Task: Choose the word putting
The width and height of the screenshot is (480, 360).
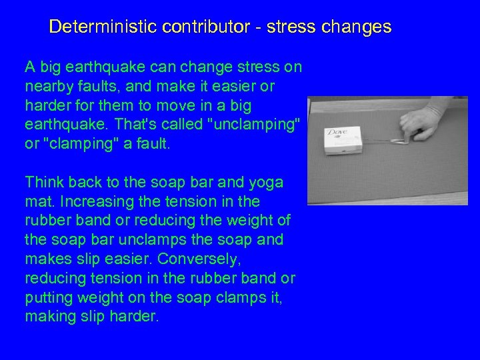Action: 47,297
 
